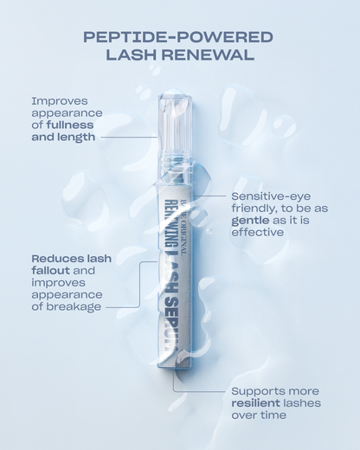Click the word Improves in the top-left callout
point(61,100)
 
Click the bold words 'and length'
point(62,137)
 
